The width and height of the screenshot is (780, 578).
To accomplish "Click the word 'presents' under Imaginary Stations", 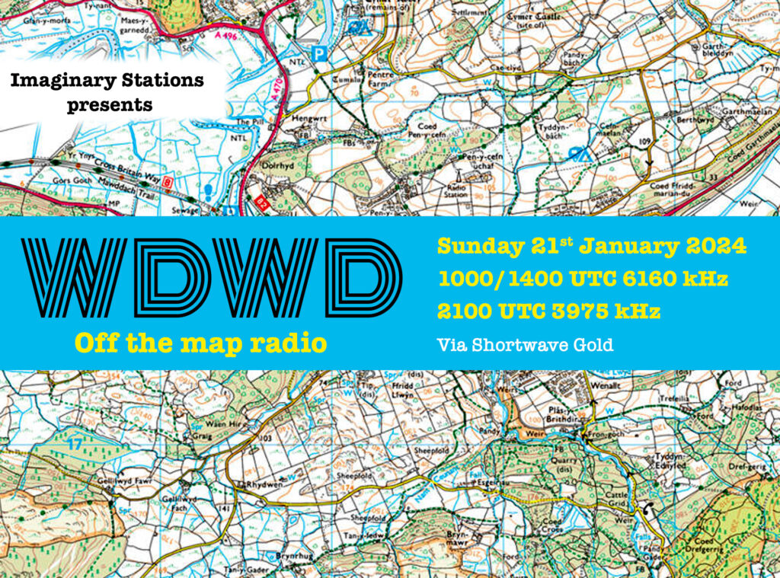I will click(x=109, y=104).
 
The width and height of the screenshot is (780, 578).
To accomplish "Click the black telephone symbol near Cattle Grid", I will click(x=648, y=508).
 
